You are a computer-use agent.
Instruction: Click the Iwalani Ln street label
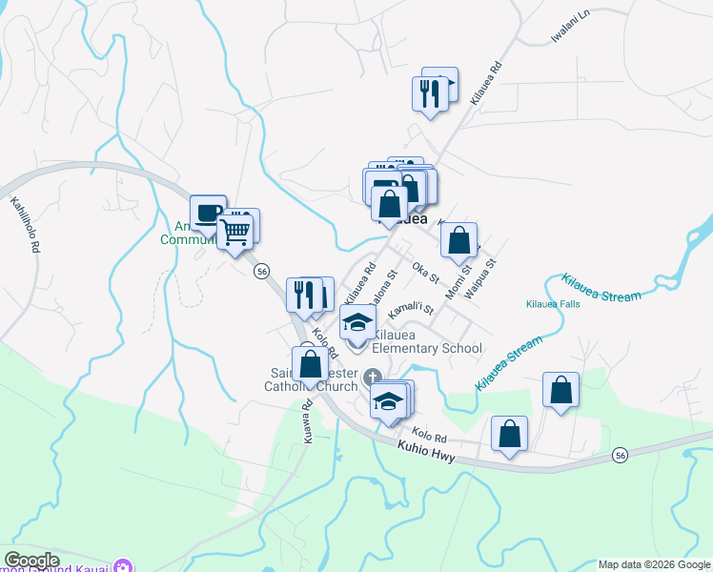point(571,27)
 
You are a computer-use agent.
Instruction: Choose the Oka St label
point(425,273)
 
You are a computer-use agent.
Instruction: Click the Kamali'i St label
point(412,312)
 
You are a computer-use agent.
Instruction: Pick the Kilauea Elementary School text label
point(426,341)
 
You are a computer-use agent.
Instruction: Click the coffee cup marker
point(208,213)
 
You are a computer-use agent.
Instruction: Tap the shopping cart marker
point(234,231)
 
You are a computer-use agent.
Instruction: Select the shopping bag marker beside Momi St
point(459,240)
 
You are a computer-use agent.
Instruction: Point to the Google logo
point(31,561)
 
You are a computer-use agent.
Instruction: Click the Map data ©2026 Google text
point(653,564)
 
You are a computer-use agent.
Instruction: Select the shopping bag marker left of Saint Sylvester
point(310,365)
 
